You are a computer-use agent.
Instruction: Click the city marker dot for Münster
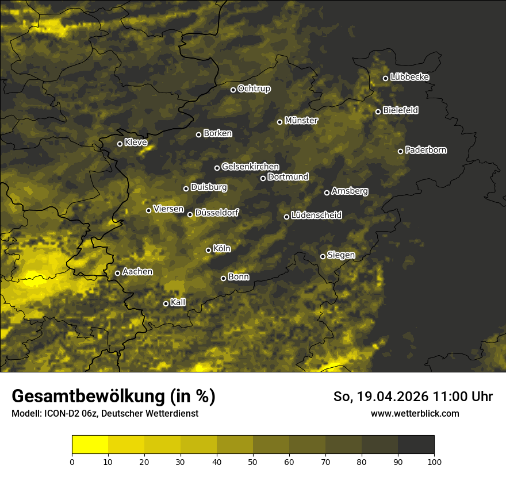pyautogui.click(x=280, y=122)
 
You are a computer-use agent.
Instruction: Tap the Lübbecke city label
pyautogui.click(x=409, y=77)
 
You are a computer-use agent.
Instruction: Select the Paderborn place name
pyautogui.click(x=425, y=150)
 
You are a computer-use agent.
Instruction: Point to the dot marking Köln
pyautogui.click(x=209, y=250)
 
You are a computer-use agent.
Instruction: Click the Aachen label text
pyautogui.click(x=137, y=271)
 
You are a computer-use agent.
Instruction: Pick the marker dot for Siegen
pyautogui.click(x=323, y=256)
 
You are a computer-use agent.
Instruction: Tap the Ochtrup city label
pyautogui.click(x=254, y=89)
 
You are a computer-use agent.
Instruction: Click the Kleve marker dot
pyautogui.click(x=120, y=144)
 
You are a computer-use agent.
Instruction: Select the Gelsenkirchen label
pyautogui.click(x=250, y=167)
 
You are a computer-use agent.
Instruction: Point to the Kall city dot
pyautogui.click(x=166, y=303)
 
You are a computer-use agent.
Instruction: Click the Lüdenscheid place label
pyautogui.click(x=316, y=216)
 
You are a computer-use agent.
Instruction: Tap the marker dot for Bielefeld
pyautogui.click(x=378, y=111)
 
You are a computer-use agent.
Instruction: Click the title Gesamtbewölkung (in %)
pyautogui.click(x=113, y=397)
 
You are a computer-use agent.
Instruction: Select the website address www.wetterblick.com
pyautogui.click(x=415, y=413)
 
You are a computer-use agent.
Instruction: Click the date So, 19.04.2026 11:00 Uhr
pyautogui.click(x=413, y=397)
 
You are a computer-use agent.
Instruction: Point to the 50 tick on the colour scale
pyautogui.click(x=253, y=461)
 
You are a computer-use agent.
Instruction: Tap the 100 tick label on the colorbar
pyautogui.click(x=434, y=461)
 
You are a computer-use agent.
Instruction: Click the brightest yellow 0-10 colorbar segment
pyautogui.click(x=90, y=444)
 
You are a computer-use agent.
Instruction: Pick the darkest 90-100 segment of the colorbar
pyautogui.click(x=416, y=444)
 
